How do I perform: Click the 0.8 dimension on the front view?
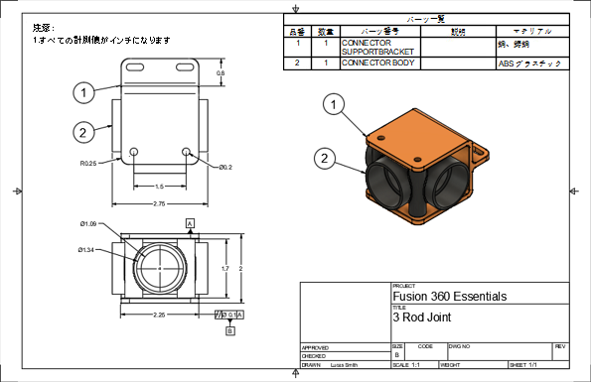coord(221,73)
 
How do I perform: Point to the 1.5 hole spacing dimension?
coord(159,186)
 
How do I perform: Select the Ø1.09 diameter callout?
coord(88,223)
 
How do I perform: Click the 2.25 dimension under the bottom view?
coord(159,316)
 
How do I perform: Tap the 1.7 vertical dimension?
coord(225,268)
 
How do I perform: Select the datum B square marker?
coord(229,331)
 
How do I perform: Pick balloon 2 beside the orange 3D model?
coord(323,157)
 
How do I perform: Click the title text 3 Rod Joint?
coord(422,318)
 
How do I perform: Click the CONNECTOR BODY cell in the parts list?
coord(377,64)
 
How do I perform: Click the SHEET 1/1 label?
coord(522,366)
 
